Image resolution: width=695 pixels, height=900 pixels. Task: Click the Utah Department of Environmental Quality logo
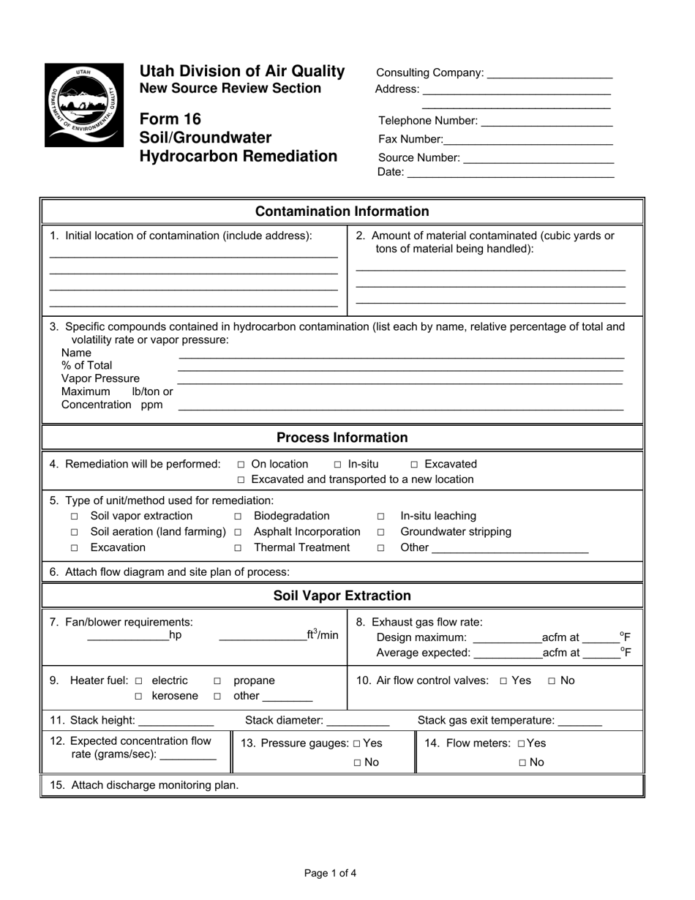coord(84,105)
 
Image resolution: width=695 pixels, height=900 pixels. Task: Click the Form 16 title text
coord(170,119)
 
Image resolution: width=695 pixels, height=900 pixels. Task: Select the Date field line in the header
coord(510,174)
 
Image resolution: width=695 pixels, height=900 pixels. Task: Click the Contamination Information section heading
coord(342,211)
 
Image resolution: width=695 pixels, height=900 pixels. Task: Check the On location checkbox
coord(241,465)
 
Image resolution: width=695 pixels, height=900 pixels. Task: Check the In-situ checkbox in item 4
coord(338,465)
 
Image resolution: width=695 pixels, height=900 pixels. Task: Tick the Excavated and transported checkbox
coord(241,480)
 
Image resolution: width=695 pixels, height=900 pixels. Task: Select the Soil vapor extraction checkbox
coord(74,517)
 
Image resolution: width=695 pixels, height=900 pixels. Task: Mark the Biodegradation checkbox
coord(238,517)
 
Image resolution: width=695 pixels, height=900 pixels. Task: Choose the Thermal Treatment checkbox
coord(238,548)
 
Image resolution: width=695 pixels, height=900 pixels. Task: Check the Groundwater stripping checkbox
coord(381,532)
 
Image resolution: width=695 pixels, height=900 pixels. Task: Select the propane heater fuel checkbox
coord(217,681)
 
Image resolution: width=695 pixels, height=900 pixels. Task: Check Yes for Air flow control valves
coord(503,681)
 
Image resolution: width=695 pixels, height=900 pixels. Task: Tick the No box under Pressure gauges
coord(357,762)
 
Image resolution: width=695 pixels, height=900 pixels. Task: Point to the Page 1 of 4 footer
coord(331,873)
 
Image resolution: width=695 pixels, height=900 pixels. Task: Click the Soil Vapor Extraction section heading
coord(342,596)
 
